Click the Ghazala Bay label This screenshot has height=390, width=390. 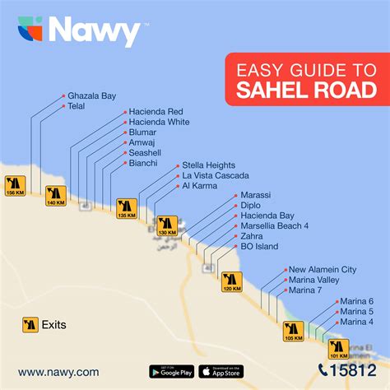(91, 95)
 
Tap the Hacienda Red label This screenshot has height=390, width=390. (156, 111)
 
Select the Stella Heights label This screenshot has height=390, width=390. (208, 165)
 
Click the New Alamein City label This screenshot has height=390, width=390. (322, 270)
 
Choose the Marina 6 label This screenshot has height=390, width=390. (356, 301)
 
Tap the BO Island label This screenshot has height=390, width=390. (259, 247)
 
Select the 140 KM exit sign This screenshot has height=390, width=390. (56, 196)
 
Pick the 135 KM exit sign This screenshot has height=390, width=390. (126, 207)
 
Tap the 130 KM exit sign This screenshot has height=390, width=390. (167, 225)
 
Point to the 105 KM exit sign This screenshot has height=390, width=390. (294, 331)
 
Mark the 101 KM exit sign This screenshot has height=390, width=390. (338, 348)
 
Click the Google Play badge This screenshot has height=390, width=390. (172, 371)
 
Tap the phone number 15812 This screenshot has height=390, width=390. (346, 371)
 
